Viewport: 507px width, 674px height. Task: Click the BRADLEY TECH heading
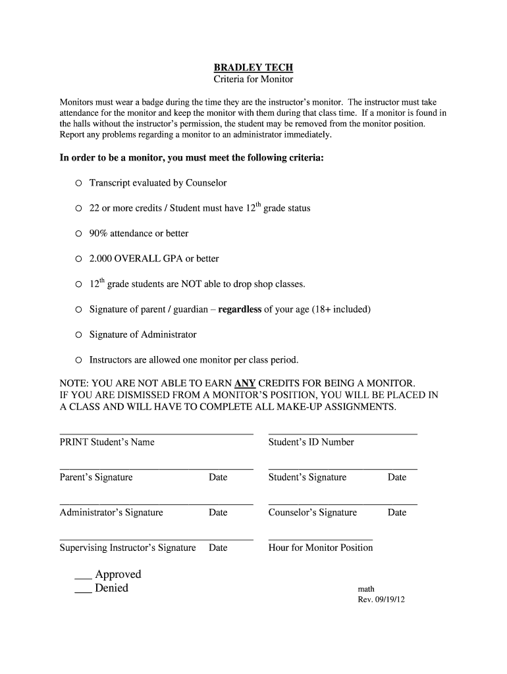tap(254, 67)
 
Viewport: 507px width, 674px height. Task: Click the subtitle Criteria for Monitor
tap(254, 80)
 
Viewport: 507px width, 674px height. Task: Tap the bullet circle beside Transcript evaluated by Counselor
tap(78, 183)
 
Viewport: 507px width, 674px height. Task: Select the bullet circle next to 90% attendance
tap(78, 234)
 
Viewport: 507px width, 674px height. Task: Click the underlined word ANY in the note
tap(245, 383)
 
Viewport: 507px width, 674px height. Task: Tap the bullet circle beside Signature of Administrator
tap(78, 335)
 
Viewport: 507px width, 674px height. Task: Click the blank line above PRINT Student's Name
tap(156, 434)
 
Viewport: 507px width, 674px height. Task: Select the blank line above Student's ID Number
tap(342, 434)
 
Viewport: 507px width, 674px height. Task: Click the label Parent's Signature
tap(96, 477)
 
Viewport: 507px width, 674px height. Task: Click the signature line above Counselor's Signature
tap(342, 504)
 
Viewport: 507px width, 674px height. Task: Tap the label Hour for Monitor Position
tap(321, 548)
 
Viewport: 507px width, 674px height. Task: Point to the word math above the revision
tap(366, 589)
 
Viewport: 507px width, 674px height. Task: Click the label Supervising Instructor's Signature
tap(128, 548)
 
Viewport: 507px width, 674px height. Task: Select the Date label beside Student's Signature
tap(397, 477)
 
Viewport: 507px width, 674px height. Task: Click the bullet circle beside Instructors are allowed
tap(78, 360)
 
